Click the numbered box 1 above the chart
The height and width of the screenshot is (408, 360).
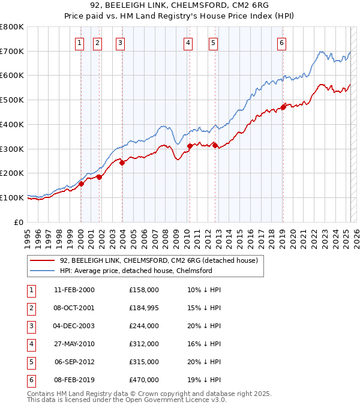(x=80, y=43)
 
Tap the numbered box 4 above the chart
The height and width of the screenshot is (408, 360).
(x=188, y=43)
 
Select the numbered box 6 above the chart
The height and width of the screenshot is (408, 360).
(x=281, y=43)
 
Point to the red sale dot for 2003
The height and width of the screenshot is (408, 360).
(x=122, y=162)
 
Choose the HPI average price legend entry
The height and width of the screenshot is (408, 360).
(x=136, y=271)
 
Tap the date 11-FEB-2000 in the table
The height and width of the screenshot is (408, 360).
(x=74, y=290)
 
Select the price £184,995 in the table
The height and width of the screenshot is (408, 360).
(x=144, y=308)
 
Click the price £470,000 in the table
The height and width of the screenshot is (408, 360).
(x=144, y=380)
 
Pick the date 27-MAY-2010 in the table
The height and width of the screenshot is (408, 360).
(x=74, y=344)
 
